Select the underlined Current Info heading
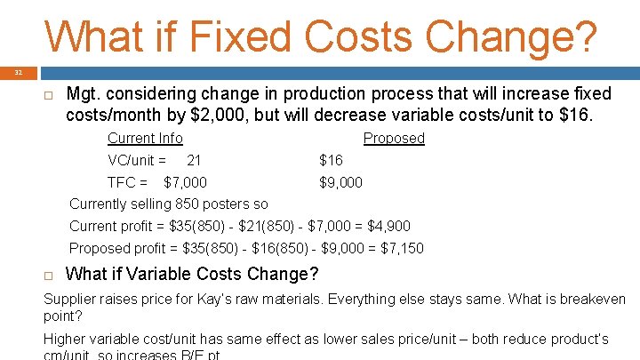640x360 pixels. click(145, 139)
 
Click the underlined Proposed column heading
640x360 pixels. click(394, 139)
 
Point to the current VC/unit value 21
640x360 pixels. click(194, 161)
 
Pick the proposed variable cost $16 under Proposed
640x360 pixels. click(331, 161)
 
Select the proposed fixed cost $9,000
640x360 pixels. click(341, 183)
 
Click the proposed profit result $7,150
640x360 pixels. click(402, 249)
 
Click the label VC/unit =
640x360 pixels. click(137, 161)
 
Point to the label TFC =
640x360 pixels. click(127, 183)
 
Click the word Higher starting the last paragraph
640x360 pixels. click(67, 340)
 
